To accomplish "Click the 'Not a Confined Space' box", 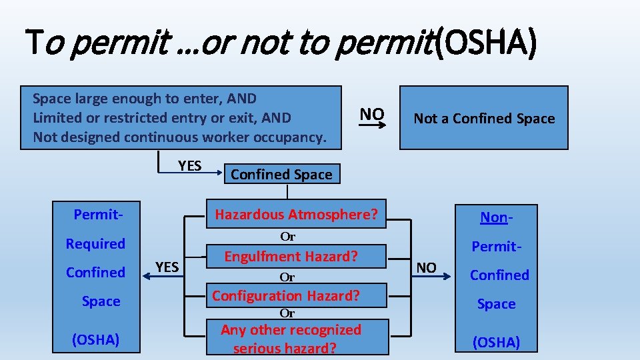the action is pos(484,118).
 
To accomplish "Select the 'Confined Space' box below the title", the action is pos(281,175).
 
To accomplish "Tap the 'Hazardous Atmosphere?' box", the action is pos(296,215).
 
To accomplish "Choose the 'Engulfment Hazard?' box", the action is pos(291,257).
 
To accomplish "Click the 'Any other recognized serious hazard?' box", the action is pos(291,338).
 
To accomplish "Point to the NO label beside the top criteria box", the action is pos(372,114).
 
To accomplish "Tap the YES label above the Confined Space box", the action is pos(190,165).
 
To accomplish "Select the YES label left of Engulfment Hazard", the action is pos(167,267).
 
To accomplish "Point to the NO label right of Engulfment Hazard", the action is pos(426,267).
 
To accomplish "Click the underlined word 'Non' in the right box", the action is pos(494,217).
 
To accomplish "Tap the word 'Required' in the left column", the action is pos(95,243).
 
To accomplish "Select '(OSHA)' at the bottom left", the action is pos(95,339).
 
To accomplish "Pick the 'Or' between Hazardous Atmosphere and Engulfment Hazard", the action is pos(287,236).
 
